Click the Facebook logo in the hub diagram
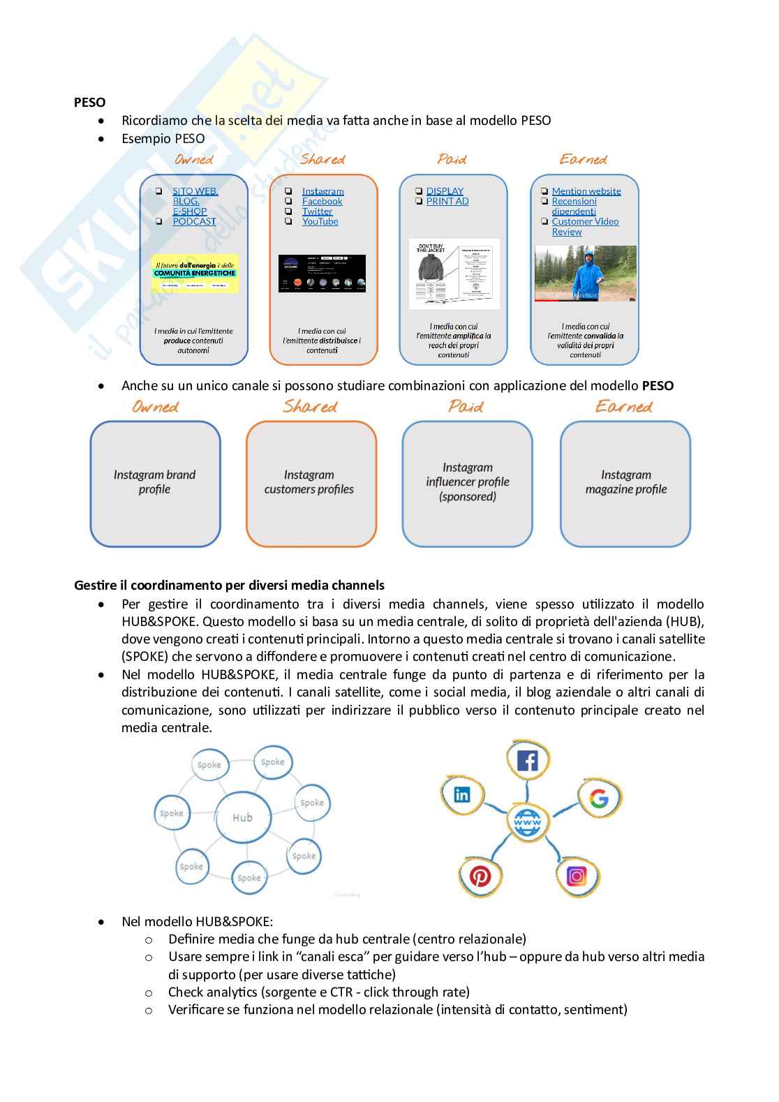coord(527,760)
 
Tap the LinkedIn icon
coord(462,794)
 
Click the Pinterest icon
coord(480,876)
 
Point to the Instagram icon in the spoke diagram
coord(577,875)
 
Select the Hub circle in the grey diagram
coord(242,817)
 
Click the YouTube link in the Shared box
coord(320,221)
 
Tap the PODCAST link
coord(194,221)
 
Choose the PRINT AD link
coord(447,201)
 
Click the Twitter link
coord(317,211)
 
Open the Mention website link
coord(586,191)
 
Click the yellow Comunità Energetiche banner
coord(195,273)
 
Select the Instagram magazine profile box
coord(625,483)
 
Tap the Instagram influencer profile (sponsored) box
coord(467,483)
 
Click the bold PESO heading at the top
coord(89,103)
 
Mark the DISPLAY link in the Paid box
coord(445,191)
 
